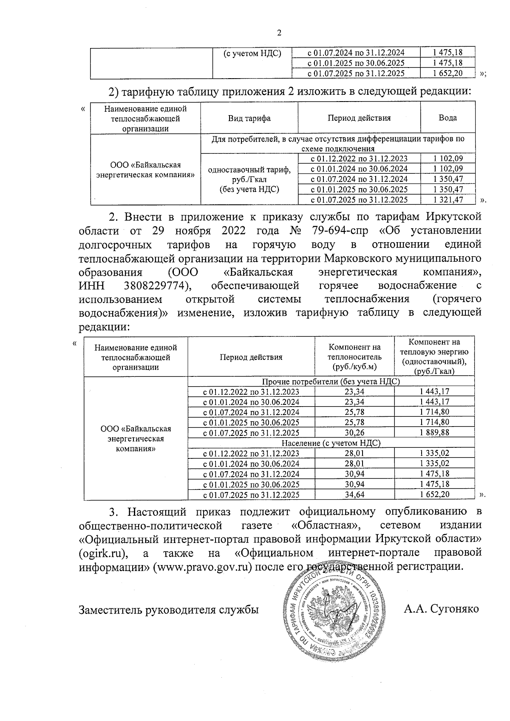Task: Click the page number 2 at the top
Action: [x=279, y=33]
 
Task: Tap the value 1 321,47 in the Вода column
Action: [x=448, y=200]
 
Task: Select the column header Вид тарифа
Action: [x=249, y=118]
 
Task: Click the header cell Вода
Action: [x=448, y=118]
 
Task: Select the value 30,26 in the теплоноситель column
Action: [x=354, y=433]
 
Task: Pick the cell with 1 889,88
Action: [x=434, y=433]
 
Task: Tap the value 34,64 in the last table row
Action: [x=354, y=495]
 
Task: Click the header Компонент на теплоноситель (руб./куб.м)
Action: [x=355, y=356]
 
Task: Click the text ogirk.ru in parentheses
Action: [x=104, y=553]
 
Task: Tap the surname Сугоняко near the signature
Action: [x=454, y=609]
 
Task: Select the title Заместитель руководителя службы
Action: [x=169, y=609]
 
